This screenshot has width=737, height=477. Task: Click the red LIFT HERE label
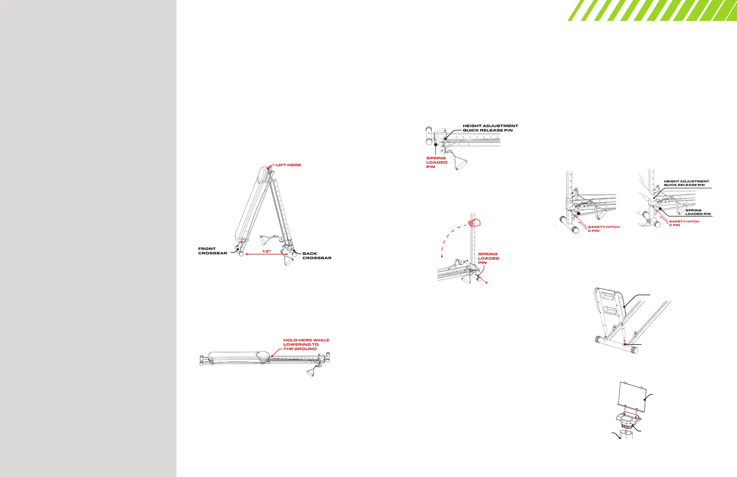[288, 165]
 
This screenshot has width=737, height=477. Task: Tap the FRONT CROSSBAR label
[213, 251]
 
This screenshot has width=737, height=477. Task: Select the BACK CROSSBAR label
[317, 256]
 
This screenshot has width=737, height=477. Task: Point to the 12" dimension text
[267, 251]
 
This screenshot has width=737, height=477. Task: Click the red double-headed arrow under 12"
[267, 254]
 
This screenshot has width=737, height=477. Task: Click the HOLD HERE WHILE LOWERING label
[306, 344]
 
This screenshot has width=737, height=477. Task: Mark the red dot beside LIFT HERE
[268, 168]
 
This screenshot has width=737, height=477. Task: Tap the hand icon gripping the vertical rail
[475, 223]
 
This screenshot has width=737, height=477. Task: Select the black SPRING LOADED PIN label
[698, 212]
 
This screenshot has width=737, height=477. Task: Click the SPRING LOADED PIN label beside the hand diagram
[488, 258]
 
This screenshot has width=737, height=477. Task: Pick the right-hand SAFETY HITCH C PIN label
[684, 223]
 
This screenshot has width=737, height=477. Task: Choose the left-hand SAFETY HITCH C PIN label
[604, 229]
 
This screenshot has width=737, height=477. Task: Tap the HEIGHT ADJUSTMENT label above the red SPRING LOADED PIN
[490, 128]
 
